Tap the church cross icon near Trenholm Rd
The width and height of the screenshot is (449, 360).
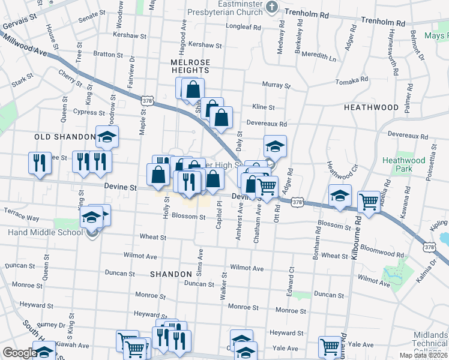272,7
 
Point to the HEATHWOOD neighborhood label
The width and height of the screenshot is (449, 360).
371,107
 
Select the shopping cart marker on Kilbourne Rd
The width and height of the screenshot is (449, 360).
368,203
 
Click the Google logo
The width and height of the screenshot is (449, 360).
19,353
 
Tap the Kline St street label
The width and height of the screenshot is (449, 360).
263,107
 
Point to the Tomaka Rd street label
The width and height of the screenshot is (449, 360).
351,80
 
